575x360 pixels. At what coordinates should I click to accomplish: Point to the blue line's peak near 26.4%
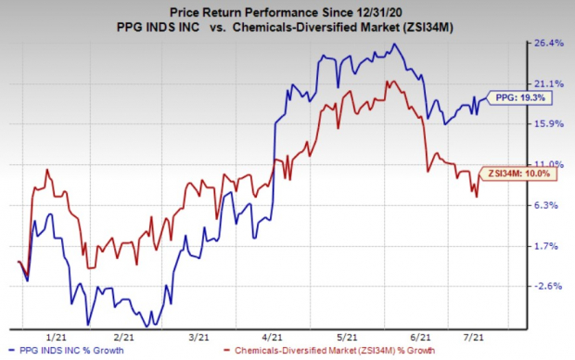point(395,45)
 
